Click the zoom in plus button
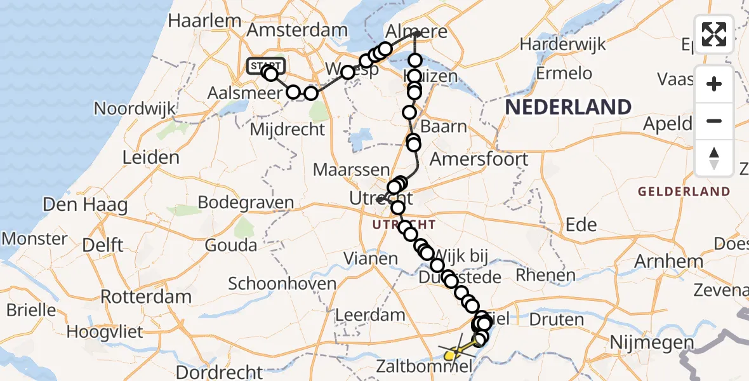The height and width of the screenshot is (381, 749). pyautogui.click(x=714, y=84)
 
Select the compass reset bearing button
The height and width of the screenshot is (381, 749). pyautogui.click(x=714, y=158)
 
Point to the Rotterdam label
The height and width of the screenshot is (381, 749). pyautogui.click(x=146, y=297)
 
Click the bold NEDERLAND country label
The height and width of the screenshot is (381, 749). pyautogui.click(x=568, y=107)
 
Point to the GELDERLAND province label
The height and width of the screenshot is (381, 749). pyautogui.click(x=684, y=191)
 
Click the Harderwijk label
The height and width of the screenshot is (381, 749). pyautogui.click(x=562, y=44)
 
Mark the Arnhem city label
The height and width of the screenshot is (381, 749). pyautogui.click(x=670, y=261)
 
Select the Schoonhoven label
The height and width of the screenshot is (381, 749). pyautogui.click(x=282, y=283)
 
